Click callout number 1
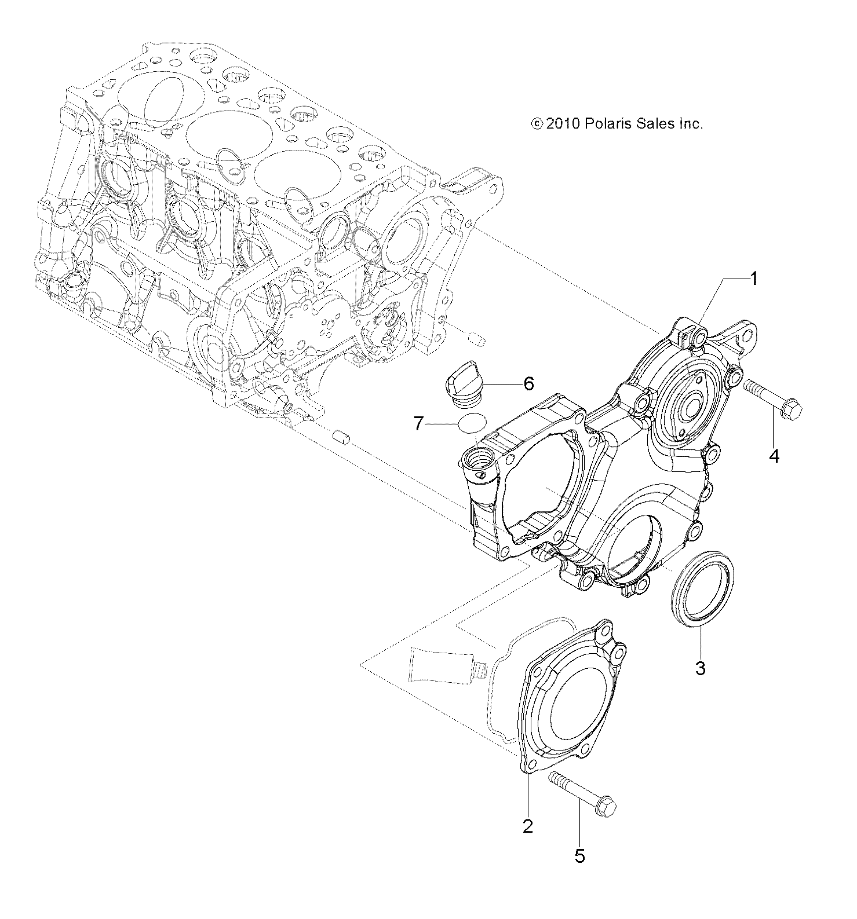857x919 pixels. [x=753, y=280]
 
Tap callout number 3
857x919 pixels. [x=700, y=668]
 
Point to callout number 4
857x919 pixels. [x=774, y=456]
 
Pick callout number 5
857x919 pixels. [x=580, y=856]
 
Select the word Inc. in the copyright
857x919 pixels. [x=689, y=123]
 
